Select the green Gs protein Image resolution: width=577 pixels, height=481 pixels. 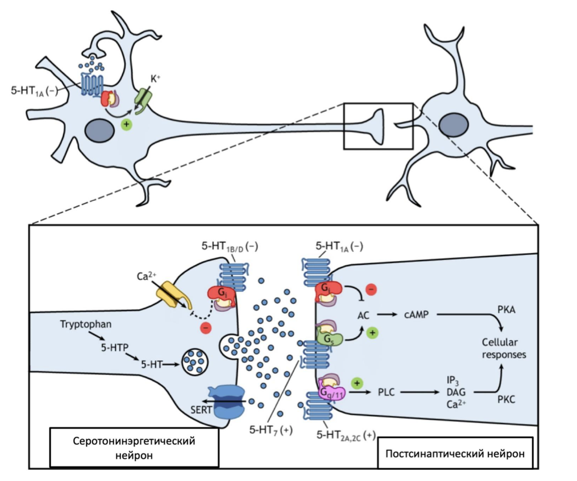(327, 337)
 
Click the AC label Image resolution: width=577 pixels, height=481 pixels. (363, 316)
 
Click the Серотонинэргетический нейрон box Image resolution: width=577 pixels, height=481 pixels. (134, 447)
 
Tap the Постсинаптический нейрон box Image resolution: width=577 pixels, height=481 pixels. (455, 452)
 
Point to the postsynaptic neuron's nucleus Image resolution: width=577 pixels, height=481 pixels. (452, 125)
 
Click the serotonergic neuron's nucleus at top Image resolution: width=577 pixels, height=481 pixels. (101, 129)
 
